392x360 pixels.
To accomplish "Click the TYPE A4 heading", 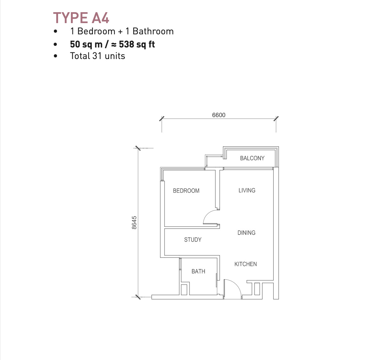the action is pos(81,18).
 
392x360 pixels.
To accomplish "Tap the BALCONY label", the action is pos(252,158).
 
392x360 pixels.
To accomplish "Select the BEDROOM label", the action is pos(186,191).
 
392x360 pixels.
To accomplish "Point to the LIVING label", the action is pos(247,190).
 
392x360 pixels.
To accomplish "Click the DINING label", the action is pos(246,233).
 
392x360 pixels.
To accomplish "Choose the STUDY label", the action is pos(193,240).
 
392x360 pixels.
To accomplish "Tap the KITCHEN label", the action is pos(245,264).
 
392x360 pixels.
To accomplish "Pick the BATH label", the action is pos(198,271).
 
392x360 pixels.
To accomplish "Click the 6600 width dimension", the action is pos(219,115).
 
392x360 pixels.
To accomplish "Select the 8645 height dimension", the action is pos(134,223).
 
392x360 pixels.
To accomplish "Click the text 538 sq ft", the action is pos(137,44).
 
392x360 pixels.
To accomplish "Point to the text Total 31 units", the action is pos(98,56).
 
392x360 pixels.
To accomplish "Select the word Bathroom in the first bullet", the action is pos(153,31).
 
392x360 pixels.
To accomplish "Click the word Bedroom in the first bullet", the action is pos(96,31).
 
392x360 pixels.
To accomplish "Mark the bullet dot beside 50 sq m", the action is pos(55,44).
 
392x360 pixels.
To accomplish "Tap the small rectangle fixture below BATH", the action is pos(184,290).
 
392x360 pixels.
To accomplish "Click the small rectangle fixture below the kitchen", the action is pos(257,289).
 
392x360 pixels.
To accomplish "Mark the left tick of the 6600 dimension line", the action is pos(162,118).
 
